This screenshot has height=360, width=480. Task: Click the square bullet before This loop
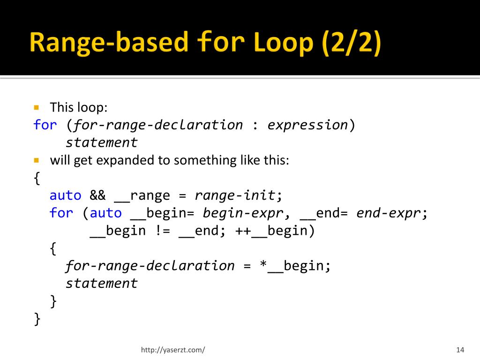(36, 107)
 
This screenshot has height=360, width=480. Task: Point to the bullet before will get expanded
(36, 160)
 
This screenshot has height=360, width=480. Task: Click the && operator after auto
(98, 195)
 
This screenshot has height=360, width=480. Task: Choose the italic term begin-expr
(243, 213)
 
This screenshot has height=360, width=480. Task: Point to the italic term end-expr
(389, 213)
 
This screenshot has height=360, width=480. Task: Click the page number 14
(459, 350)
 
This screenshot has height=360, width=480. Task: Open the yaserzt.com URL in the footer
(173, 350)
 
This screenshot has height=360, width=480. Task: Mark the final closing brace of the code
(37, 319)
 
